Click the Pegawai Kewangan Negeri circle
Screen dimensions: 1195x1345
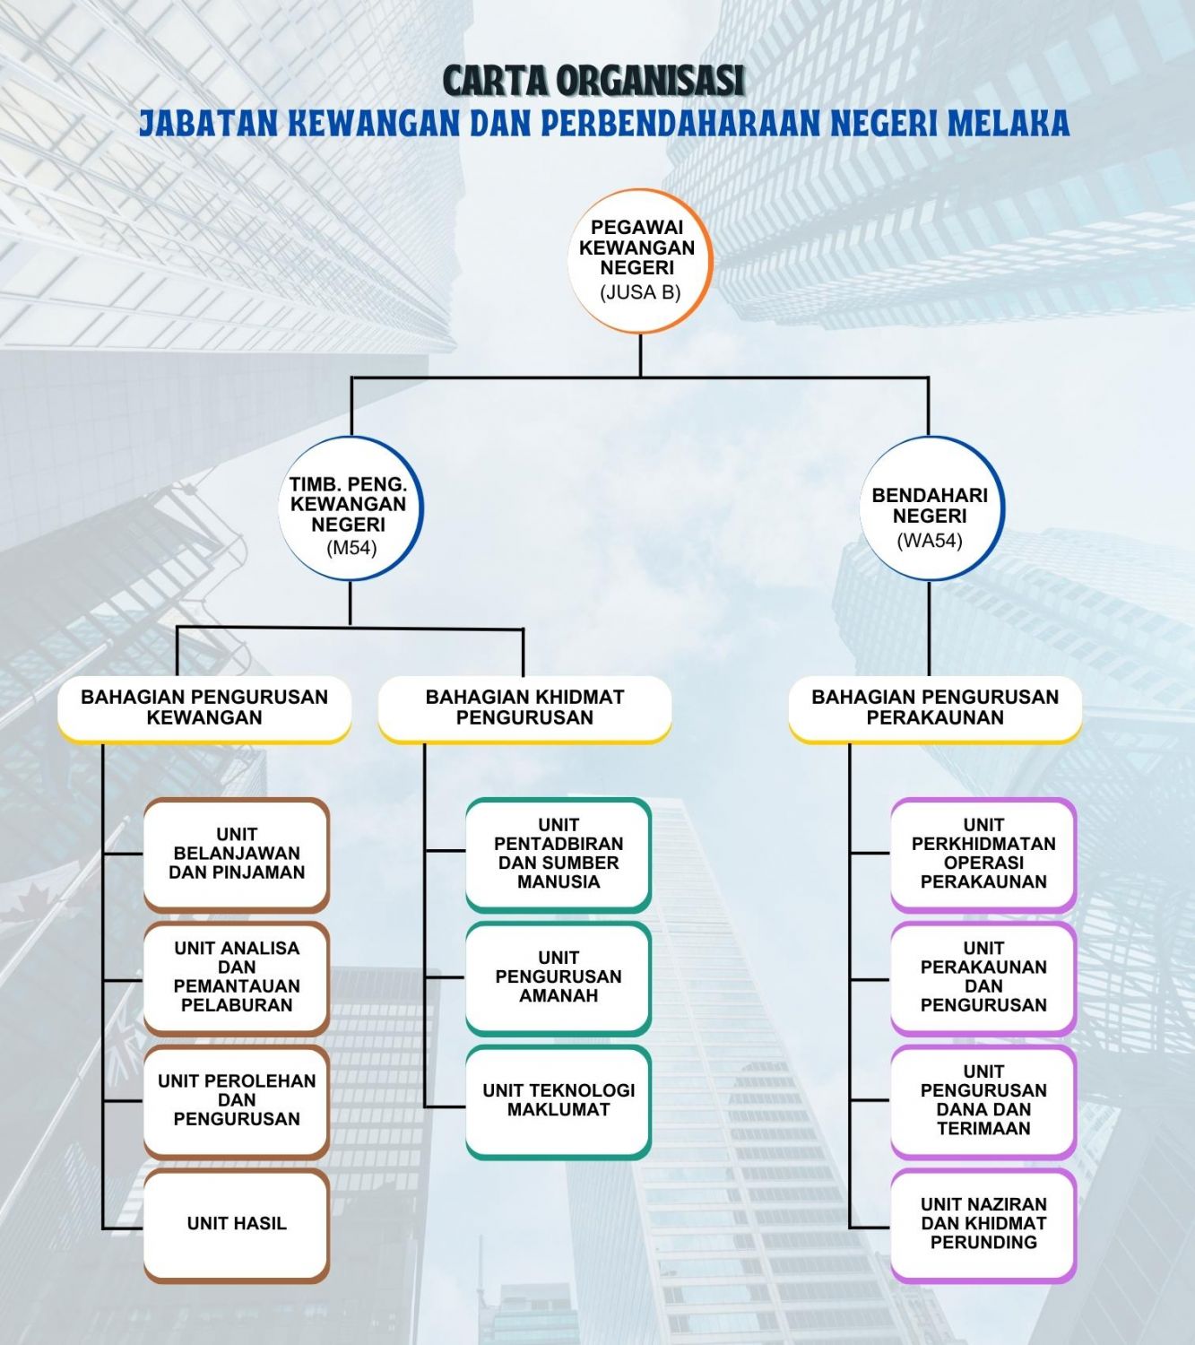[x=640, y=261]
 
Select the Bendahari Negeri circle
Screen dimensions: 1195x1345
[x=931, y=508]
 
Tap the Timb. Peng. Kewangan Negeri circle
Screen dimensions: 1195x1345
[x=351, y=508]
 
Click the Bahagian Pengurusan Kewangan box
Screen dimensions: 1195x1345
[x=204, y=709]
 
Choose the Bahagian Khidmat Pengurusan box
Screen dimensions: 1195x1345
[x=524, y=709]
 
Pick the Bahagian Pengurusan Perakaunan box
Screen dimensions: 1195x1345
[x=935, y=709]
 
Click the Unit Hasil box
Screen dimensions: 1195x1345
[x=237, y=1224]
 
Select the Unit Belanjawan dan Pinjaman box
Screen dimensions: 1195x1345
[x=237, y=855]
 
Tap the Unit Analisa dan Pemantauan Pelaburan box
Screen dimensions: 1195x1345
[x=237, y=978]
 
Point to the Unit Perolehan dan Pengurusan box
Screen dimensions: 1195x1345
[x=237, y=1101]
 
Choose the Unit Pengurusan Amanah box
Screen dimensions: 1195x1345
[x=559, y=978]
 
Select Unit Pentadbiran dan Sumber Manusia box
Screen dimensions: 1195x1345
[x=559, y=855]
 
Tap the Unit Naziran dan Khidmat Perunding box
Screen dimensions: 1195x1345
[x=983, y=1225]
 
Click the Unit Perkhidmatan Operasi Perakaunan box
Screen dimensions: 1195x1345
[x=983, y=855]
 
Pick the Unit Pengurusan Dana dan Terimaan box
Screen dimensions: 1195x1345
[x=983, y=1101]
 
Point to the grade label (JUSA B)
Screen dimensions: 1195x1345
[x=640, y=293]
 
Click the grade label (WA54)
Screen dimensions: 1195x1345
[x=930, y=541]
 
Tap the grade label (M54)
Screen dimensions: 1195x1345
[x=351, y=549]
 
